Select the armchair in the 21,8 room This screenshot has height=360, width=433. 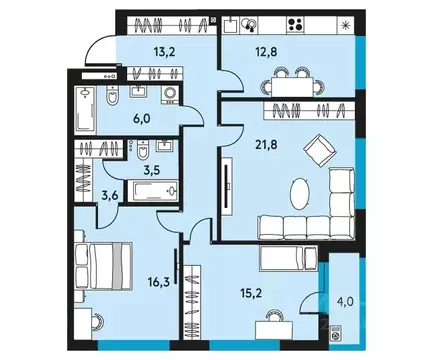pos(322,150)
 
